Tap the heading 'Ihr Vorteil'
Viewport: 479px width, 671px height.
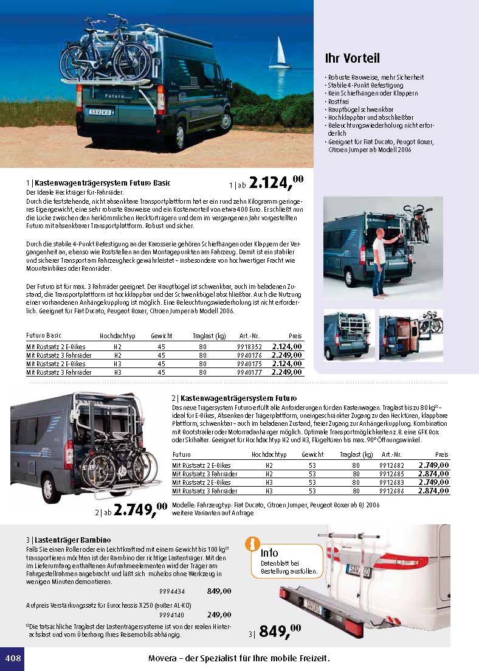[x=353, y=58]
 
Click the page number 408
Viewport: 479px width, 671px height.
[x=13, y=658]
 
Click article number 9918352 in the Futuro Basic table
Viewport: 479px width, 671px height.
[x=249, y=347]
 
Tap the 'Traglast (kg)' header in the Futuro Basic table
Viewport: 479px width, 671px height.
[x=210, y=336]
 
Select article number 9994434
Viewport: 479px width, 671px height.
[x=172, y=591]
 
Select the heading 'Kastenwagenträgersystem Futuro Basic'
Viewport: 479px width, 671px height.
[x=103, y=183]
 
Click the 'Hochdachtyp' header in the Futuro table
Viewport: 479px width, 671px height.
[x=269, y=454]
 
